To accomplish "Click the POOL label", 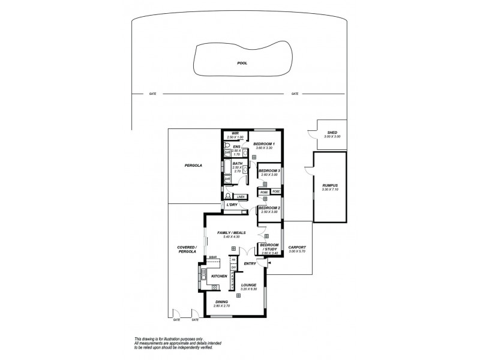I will [x=242, y=62].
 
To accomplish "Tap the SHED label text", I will [x=332, y=133].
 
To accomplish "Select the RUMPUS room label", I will [x=331, y=185].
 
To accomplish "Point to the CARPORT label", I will [x=297, y=247].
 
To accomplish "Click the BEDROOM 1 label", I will [x=264, y=144].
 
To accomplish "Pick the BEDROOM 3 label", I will [x=270, y=171].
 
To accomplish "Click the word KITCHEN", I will [x=219, y=275].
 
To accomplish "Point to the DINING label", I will [x=221, y=302].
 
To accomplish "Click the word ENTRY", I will [x=250, y=263].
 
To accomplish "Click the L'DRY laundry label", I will [x=232, y=206].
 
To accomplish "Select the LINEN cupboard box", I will [x=240, y=197].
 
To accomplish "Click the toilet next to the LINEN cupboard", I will [x=227, y=196].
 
